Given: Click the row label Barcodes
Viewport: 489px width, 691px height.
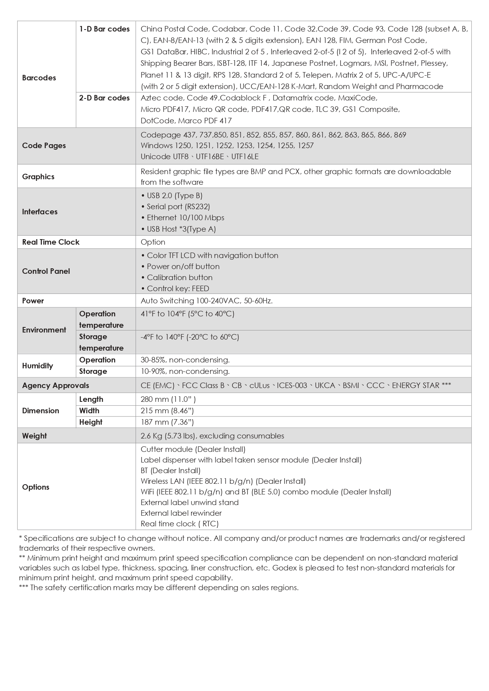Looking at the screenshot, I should [39, 78].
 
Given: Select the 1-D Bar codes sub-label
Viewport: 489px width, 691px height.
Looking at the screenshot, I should [104, 29].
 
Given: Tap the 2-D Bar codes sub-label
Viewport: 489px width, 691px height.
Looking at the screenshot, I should [104, 98].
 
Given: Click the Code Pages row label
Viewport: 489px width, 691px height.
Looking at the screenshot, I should [44, 145].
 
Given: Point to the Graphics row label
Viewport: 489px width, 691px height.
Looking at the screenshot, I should [38, 176].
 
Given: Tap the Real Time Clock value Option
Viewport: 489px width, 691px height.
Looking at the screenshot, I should [153, 242].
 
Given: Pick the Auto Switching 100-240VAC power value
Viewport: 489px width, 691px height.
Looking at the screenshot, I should [206, 301].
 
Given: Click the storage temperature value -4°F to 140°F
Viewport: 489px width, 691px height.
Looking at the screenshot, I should [190, 337].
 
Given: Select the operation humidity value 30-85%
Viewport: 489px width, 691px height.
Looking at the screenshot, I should [185, 360].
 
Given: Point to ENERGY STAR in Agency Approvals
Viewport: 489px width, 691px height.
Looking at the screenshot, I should [416, 385].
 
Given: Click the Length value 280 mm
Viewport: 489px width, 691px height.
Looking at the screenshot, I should [168, 399].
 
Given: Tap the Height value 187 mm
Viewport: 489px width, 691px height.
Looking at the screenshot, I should [167, 422].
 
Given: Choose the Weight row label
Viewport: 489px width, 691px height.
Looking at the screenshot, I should [34, 436].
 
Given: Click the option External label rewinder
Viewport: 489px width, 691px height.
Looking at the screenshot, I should [181, 513].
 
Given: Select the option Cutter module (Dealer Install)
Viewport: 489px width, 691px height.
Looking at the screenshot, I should [193, 449].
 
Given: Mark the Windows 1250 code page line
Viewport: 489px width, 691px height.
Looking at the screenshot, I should [227, 145].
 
